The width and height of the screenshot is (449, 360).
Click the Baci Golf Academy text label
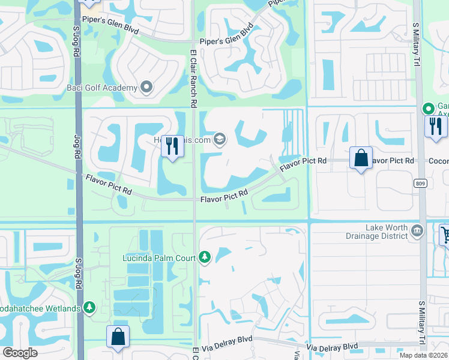(102, 88)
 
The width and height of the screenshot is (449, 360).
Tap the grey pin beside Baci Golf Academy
(146, 88)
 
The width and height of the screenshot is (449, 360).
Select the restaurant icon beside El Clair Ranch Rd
(172, 146)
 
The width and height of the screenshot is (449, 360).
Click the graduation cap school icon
(220, 140)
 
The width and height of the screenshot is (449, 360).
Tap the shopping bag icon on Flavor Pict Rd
(361, 158)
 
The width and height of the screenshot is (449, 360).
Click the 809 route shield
(420, 182)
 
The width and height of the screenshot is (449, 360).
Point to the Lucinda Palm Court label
(159, 258)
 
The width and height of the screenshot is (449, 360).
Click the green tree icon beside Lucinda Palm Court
(205, 258)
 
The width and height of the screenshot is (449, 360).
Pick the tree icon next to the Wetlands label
(89, 308)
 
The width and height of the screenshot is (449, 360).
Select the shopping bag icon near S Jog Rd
(118, 337)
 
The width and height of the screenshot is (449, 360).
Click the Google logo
(20, 353)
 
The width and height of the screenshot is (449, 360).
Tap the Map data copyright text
(424, 355)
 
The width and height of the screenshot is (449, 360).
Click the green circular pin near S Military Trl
(428, 109)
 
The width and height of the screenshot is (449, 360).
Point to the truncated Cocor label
(438, 161)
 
